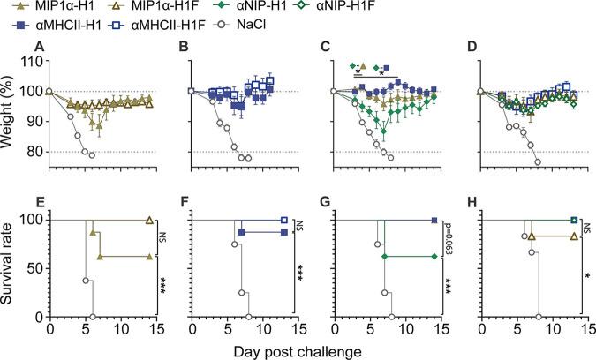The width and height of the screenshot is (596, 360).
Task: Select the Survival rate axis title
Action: click(9, 266)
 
